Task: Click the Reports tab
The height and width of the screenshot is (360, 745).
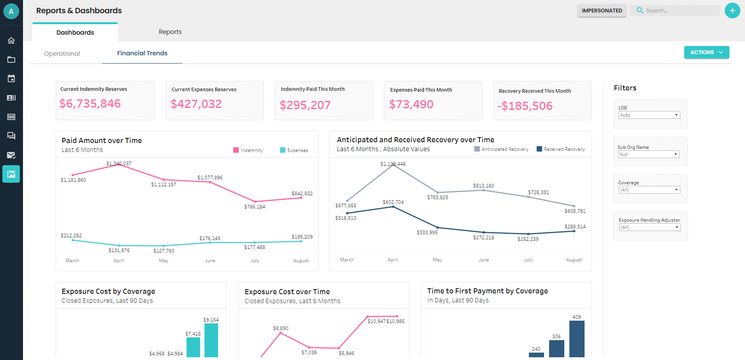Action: [x=170, y=32]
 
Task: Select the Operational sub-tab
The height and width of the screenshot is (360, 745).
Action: [x=62, y=54]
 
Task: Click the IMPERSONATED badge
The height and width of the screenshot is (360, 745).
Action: [x=602, y=11]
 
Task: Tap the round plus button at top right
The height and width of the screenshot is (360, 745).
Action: [x=732, y=11]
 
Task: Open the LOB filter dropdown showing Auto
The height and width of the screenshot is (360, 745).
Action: [x=649, y=115]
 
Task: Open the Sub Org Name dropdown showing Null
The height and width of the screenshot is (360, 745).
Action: [x=648, y=154]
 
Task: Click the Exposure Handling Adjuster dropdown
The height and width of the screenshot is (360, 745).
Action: [x=650, y=227]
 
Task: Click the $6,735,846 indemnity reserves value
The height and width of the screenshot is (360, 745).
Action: [x=90, y=104]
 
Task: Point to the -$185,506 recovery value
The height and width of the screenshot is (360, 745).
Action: [x=525, y=106]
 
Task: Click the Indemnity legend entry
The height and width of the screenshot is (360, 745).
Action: [x=248, y=150]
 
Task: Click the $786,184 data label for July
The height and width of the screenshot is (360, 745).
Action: [x=254, y=207]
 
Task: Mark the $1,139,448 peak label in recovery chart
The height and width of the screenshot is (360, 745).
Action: [x=393, y=164]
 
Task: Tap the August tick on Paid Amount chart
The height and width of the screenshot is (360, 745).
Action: [x=301, y=261]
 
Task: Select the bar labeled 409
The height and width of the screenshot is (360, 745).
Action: [x=577, y=338]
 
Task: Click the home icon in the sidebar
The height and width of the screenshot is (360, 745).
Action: [x=11, y=41]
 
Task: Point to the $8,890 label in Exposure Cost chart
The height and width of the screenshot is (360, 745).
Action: [x=280, y=328]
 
